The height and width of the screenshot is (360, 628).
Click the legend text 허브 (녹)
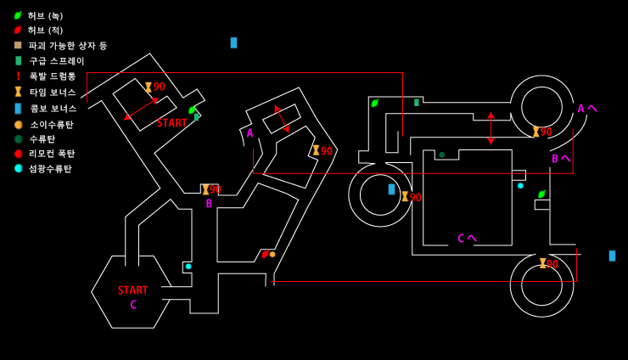(45, 16)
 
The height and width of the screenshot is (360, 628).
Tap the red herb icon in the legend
(18, 30)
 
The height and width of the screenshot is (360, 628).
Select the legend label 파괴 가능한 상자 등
(68, 46)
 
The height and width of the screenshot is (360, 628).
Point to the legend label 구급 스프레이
(57, 61)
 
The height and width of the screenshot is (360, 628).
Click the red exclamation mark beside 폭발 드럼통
(18, 76)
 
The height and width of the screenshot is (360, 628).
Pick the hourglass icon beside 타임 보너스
(18, 92)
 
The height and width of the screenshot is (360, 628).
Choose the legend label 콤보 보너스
(53, 108)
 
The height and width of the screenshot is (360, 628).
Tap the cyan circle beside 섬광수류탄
(19, 168)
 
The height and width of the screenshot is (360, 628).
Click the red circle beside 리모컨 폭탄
(19, 154)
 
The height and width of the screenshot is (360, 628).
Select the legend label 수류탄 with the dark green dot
(42, 139)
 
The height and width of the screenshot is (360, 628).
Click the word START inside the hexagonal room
(132, 290)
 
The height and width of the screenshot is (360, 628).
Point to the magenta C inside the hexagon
(133, 305)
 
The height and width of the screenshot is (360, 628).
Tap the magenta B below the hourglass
(209, 204)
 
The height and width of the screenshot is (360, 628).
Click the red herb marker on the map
(265, 254)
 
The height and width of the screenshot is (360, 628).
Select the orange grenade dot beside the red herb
(272, 254)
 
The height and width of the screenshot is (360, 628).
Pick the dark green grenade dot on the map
(442, 155)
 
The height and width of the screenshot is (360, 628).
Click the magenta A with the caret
(587, 108)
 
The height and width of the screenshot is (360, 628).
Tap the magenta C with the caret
(467, 239)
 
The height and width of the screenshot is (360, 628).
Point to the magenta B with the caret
(561, 159)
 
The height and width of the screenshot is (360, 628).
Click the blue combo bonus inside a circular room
(392, 189)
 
